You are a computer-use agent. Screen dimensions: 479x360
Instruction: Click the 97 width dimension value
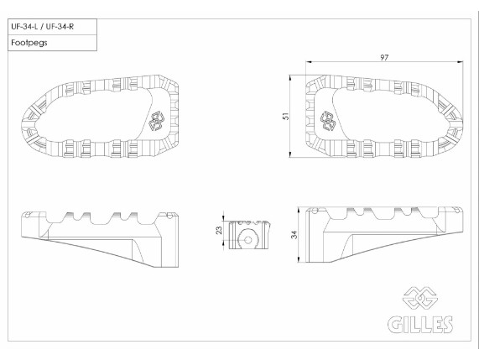pyautogui.click(x=384, y=57)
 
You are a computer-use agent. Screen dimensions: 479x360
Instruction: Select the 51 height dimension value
pyautogui.click(x=286, y=116)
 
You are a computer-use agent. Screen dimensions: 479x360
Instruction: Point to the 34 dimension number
pyautogui.click(x=294, y=235)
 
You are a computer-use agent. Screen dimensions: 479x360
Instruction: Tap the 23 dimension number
pyautogui.click(x=219, y=231)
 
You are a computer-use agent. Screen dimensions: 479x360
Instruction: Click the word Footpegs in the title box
pyautogui.click(x=29, y=43)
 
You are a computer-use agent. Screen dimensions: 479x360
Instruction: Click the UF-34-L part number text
pyautogui.click(x=24, y=27)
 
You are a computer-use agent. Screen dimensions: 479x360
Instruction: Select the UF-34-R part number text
pyautogui.click(x=60, y=27)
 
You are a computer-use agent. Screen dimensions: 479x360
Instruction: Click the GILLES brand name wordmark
pyautogui.click(x=420, y=324)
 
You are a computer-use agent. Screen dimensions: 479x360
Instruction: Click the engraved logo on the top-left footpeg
pyautogui.click(x=156, y=121)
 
